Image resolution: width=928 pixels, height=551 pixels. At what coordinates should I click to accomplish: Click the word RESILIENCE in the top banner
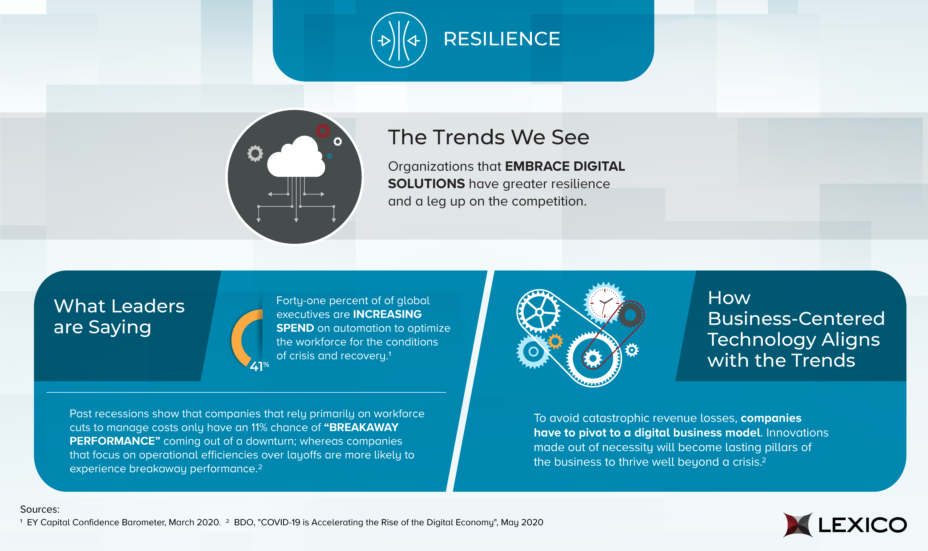(501, 39)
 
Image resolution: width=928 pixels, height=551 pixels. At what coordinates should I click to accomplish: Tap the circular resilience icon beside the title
(399, 40)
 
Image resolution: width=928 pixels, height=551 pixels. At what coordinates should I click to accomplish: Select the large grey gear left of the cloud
(255, 153)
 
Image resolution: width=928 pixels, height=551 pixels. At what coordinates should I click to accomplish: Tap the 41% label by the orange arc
(259, 366)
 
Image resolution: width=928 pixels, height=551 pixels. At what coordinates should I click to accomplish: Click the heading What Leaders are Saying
(119, 316)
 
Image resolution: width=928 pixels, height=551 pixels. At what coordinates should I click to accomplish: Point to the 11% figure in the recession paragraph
(259, 427)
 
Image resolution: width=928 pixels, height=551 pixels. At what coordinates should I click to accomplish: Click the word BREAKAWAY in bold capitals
(364, 427)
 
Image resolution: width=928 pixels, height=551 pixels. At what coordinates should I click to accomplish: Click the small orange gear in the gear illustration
(555, 341)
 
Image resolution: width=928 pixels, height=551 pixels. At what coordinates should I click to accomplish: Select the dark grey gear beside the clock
(630, 315)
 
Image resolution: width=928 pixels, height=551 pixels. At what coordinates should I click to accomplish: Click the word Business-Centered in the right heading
(796, 319)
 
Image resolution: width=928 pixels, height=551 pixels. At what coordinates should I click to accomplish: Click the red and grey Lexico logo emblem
(797, 525)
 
